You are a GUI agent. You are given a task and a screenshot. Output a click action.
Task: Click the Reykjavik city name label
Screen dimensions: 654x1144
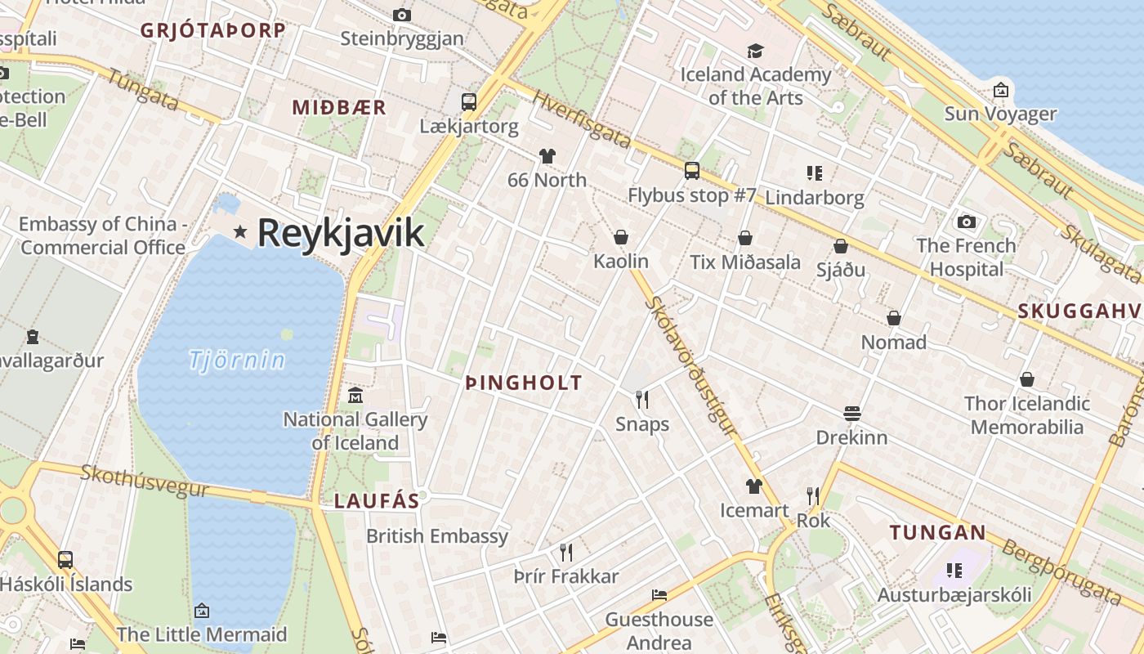tap(341, 233)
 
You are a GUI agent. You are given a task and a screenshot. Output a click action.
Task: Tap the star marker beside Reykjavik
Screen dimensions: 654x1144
tap(240, 232)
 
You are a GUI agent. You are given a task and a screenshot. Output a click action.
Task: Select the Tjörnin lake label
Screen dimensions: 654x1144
tap(237, 360)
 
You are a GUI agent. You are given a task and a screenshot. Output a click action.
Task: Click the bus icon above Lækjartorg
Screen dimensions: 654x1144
tap(469, 102)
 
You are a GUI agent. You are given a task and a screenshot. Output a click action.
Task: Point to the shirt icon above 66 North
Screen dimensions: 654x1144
tap(547, 156)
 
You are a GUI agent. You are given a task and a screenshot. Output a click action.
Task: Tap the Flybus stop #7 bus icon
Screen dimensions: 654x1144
tap(692, 171)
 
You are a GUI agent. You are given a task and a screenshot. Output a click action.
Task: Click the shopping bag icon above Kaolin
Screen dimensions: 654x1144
tap(621, 238)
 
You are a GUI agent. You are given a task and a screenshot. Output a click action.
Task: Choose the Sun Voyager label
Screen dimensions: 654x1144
tap(1000, 114)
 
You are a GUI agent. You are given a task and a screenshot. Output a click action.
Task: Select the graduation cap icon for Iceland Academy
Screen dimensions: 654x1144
tap(755, 51)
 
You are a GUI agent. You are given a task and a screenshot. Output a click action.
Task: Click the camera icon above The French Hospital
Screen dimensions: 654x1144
tap(967, 222)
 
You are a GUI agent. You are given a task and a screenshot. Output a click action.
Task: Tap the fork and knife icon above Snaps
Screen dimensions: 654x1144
tap(642, 400)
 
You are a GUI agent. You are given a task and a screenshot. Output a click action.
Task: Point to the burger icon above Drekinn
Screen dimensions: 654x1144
tap(852, 414)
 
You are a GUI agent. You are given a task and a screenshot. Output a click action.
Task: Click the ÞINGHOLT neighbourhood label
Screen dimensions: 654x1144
tap(524, 383)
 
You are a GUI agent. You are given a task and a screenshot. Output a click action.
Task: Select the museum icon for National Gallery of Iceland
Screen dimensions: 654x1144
tap(355, 396)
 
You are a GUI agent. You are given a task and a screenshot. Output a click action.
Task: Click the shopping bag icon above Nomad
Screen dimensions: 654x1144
tap(894, 318)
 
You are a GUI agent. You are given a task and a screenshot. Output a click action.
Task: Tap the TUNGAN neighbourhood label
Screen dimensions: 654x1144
tap(938, 533)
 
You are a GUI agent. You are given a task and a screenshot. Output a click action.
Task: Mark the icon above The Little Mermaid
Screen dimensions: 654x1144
tap(202, 611)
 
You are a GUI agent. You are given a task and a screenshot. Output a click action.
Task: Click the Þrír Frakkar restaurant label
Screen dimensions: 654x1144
tap(566, 576)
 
